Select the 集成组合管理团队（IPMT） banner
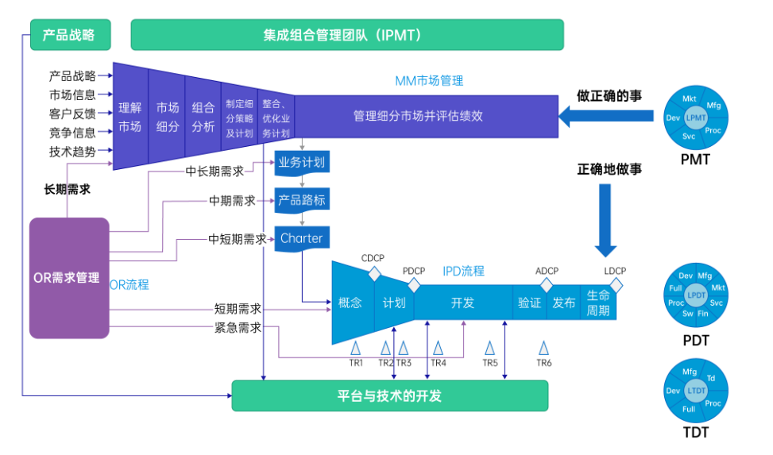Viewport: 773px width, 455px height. point(346,35)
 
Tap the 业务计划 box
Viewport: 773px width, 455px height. point(302,164)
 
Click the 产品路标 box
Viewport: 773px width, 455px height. point(302,200)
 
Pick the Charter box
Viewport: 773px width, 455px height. point(302,238)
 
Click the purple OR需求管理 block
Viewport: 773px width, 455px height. point(68,278)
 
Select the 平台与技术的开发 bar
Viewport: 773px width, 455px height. point(389,395)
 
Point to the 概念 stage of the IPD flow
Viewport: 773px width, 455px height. point(350,303)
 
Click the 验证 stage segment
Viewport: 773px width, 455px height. point(529,303)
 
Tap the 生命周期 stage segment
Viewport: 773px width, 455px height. point(598,303)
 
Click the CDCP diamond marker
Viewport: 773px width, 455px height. point(373,273)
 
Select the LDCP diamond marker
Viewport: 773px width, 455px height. point(616,284)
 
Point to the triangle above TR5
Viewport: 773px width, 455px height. point(490,348)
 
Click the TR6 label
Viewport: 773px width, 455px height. point(543,363)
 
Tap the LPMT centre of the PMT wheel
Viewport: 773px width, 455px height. point(696,118)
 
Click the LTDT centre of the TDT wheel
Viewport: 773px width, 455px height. point(696,391)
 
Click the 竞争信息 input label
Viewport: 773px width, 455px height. point(72,133)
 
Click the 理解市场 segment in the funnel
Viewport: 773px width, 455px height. point(129,117)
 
